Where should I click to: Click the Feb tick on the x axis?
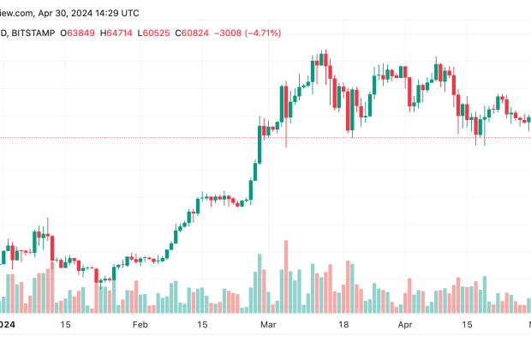[x=140, y=326]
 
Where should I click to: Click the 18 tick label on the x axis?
[x=343, y=326]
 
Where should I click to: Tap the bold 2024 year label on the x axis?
[x=7, y=326]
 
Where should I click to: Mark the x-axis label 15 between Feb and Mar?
[x=204, y=326]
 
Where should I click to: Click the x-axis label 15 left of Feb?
[x=65, y=326]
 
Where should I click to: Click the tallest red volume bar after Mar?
[x=285, y=277]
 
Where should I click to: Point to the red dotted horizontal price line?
[x=128, y=137]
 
